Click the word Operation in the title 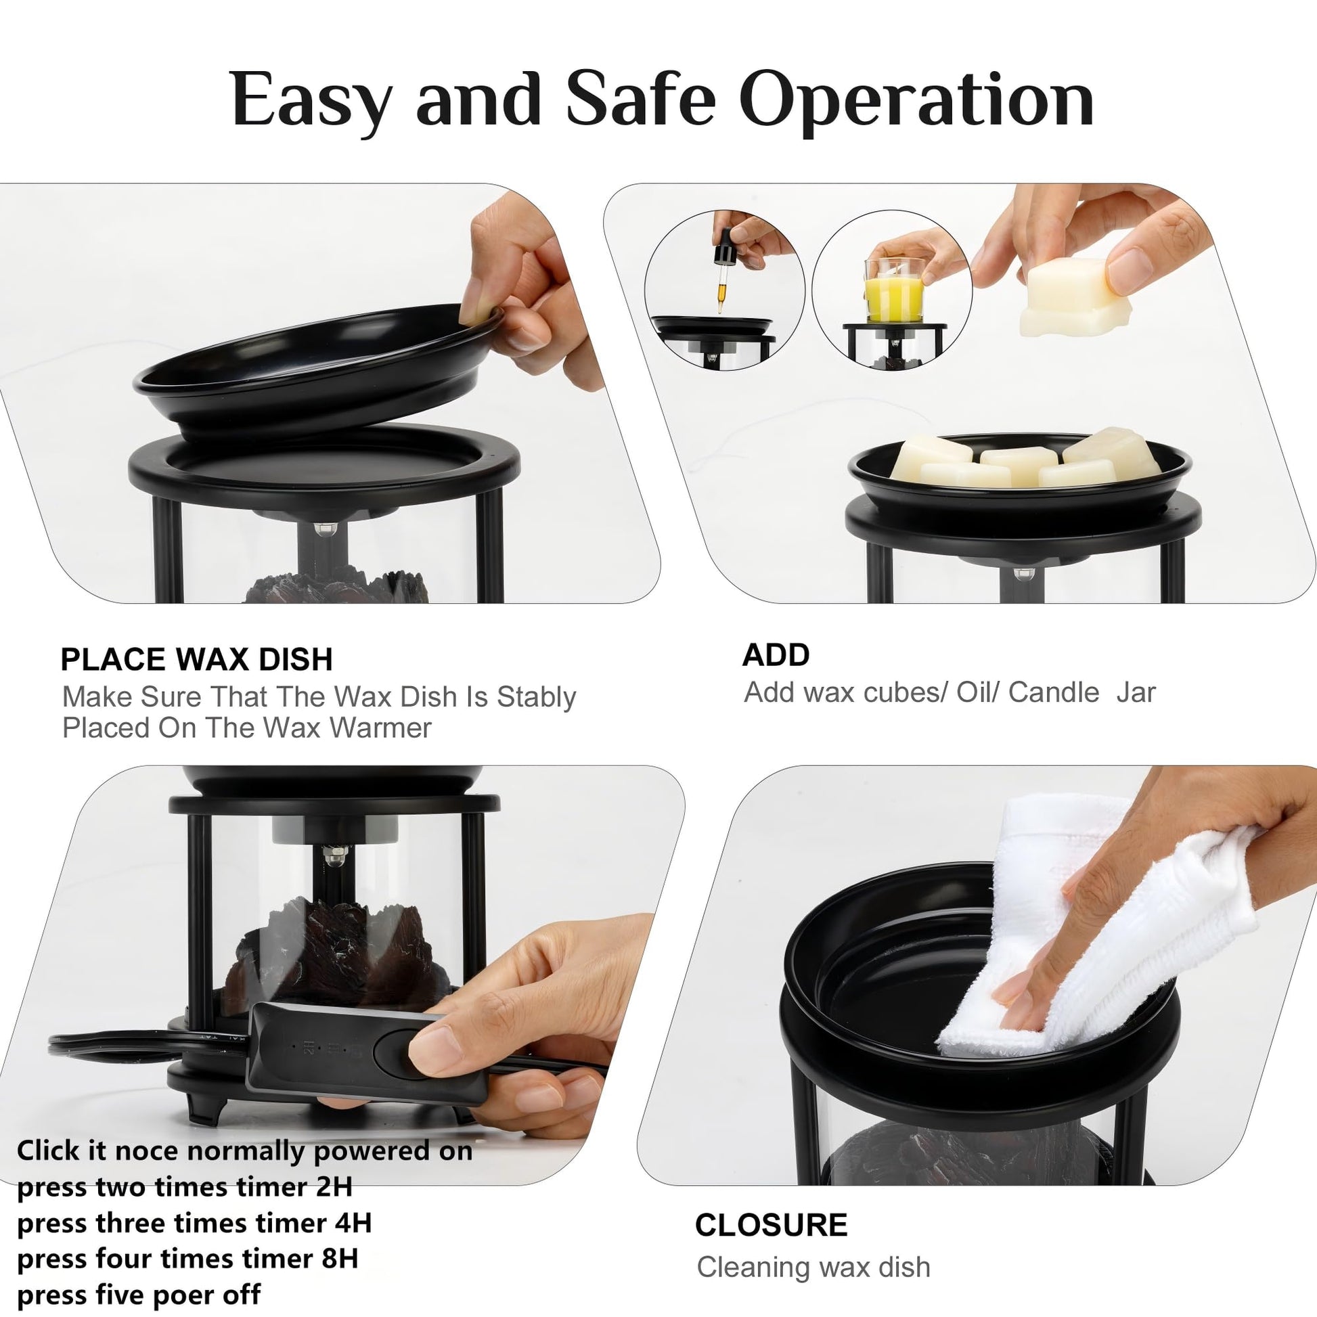click(x=916, y=100)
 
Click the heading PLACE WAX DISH click(x=196, y=660)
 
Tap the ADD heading click(x=776, y=655)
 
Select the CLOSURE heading click(x=771, y=1225)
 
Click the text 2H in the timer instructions click(x=334, y=1187)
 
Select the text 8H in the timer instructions click(x=340, y=1257)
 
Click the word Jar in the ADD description click(x=1136, y=692)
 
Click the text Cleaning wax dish click(x=813, y=1267)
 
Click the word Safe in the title click(x=641, y=100)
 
